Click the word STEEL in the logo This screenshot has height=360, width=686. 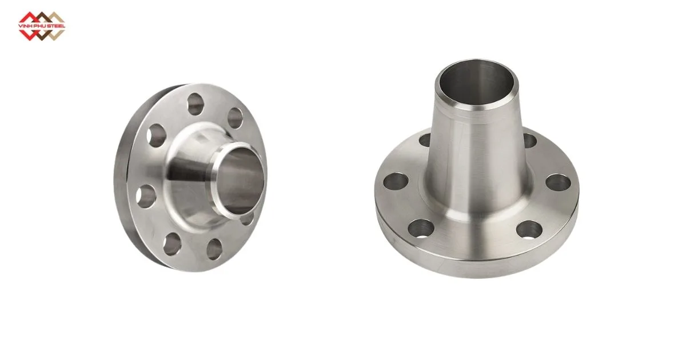click(56, 26)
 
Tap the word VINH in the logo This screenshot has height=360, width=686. click(26, 26)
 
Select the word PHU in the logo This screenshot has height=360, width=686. click(40, 26)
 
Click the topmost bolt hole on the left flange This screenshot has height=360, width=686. click(195, 104)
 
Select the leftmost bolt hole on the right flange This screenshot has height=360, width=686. click(395, 181)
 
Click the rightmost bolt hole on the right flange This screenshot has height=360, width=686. click(557, 183)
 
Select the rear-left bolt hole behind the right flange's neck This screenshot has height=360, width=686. click(425, 139)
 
